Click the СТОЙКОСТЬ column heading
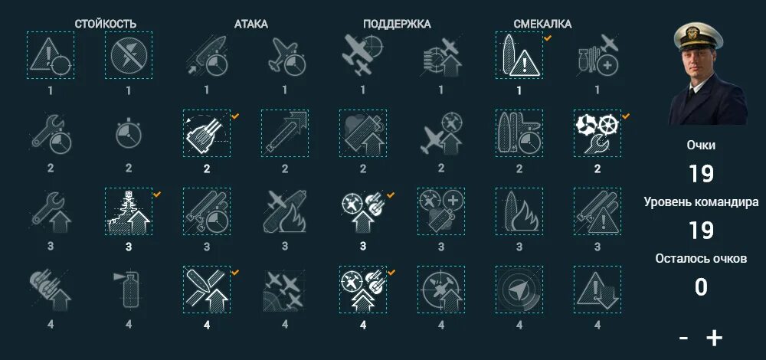pos(106,24)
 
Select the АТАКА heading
pos(250,24)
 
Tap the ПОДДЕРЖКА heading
pos(397,24)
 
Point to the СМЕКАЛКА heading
pos(542,24)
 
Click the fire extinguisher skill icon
pos(129,290)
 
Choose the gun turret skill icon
pos(207,133)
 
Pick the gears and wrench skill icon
pos(597,133)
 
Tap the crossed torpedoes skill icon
pos(207,290)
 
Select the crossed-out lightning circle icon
pos(129,54)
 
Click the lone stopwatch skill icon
pos(129,133)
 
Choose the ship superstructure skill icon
pos(129,211)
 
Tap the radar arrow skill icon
pos(519,290)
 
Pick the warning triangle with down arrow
pos(597,290)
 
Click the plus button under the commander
pos(714,338)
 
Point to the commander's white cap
pos(698,36)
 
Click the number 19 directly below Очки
pos(701,173)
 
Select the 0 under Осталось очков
pos(701,287)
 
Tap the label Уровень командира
pos(701,201)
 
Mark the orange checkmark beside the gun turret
pos(235,116)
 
